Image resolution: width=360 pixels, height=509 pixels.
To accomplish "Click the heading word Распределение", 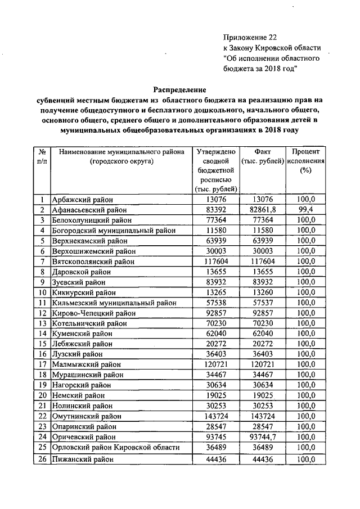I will pyautogui.click(x=181, y=89).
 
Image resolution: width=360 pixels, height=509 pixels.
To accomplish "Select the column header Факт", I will pyautogui.click(x=263, y=152).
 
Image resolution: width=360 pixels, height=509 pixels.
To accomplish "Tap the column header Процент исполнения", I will pyautogui.click(x=305, y=161).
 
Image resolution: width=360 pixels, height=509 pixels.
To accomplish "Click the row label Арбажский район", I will pyautogui.click(x=82, y=199).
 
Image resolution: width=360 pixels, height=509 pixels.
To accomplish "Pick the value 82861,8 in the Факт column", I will pyautogui.click(x=263, y=209).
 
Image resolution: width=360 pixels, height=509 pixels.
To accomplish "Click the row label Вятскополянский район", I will pyautogui.click(x=93, y=262).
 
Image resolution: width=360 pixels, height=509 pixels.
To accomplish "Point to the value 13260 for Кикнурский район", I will pyautogui.click(x=263, y=292).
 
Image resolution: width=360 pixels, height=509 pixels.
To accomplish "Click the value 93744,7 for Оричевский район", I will pyautogui.click(x=263, y=437).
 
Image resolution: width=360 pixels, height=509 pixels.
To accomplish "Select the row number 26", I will pyautogui.click(x=42, y=460).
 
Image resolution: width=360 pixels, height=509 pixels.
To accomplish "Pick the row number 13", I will pyautogui.click(x=42, y=323).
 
